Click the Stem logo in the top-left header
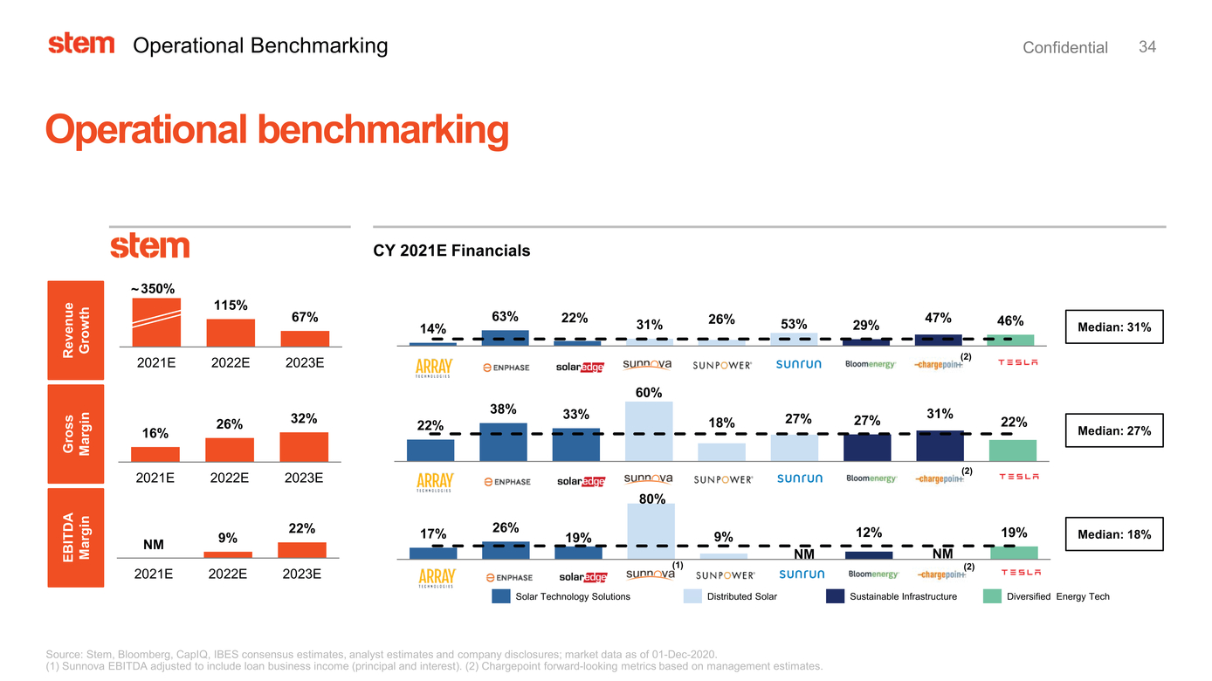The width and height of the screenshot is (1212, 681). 81,44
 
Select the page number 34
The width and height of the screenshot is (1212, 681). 1147,47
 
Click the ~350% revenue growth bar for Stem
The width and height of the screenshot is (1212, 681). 156,322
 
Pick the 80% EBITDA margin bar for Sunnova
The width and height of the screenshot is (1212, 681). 651,531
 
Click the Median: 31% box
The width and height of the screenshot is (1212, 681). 1114,327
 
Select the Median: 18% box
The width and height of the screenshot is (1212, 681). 1114,534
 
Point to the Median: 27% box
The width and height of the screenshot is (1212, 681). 1114,430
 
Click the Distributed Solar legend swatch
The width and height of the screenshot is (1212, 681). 692,596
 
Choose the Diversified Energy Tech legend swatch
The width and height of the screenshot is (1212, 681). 992,596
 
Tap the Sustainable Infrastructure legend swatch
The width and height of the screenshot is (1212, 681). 835,596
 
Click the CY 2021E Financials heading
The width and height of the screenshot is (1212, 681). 451,251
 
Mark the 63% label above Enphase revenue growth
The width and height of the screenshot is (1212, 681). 505,316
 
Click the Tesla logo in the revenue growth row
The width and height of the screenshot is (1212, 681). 1018,364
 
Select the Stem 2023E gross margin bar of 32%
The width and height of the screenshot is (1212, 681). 304,446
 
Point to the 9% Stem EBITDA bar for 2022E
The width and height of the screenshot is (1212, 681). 228,554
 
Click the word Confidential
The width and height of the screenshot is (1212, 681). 1064,48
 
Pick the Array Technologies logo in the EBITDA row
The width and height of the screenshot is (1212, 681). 435,578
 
